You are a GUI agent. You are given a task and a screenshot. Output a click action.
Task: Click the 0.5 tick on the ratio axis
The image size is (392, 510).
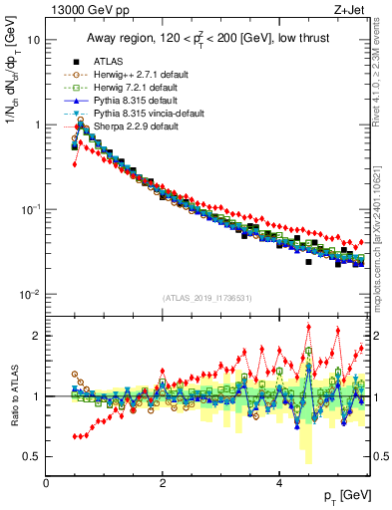pyautogui.click(x=32, y=456)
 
